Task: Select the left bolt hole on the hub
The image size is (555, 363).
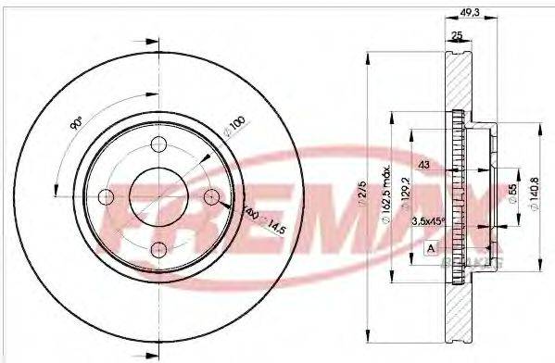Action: point(106,195)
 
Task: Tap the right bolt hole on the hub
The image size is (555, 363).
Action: point(210,195)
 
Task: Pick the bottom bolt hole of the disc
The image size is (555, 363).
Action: point(157,247)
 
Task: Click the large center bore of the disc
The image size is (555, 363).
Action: point(157,195)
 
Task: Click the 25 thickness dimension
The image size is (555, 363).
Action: point(456,35)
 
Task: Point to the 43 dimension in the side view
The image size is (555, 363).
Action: point(425,164)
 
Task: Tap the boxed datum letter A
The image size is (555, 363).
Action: point(431,247)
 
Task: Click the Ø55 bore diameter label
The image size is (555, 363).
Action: point(511,197)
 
